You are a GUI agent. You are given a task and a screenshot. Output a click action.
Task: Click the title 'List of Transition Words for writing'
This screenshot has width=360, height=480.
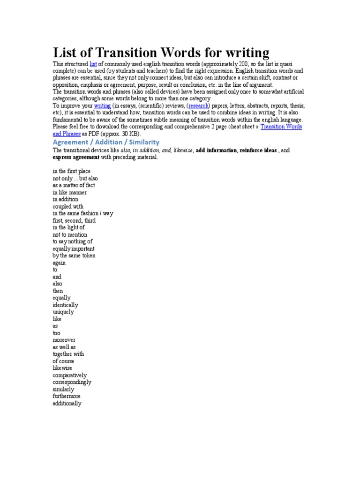[161, 52]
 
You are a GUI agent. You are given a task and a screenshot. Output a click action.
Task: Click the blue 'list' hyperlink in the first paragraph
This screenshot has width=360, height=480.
[93, 63]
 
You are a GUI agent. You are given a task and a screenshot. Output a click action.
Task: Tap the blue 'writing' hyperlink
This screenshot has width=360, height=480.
[102, 106]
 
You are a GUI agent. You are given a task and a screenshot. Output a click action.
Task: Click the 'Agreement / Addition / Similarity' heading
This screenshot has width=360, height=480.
[106, 142]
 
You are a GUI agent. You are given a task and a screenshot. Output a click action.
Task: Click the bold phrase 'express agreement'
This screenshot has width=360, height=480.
[75, 157]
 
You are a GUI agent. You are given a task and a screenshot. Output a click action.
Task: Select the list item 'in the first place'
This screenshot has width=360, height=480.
[72, 172]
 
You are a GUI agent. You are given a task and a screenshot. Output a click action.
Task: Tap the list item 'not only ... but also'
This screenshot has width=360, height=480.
[75, 179]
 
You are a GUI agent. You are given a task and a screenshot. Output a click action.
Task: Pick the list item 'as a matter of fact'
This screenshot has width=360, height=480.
[74, 186]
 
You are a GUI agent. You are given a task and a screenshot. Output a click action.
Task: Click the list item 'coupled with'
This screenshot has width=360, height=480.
[68, 207]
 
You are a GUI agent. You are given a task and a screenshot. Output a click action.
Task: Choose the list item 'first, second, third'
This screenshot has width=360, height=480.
[74, 221]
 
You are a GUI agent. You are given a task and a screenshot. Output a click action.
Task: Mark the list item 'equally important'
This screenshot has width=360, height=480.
[74, 249]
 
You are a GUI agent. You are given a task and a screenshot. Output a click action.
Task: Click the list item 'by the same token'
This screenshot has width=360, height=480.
[74, 256]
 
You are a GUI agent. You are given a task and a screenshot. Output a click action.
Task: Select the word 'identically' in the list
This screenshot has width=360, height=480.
[65, 305]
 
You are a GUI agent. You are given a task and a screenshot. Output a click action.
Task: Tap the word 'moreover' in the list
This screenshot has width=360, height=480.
[64, 340]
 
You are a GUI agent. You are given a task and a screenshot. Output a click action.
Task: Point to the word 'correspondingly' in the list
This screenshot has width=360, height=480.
[72, 382]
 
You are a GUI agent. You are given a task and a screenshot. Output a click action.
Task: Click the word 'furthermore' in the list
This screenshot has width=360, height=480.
[67, 397]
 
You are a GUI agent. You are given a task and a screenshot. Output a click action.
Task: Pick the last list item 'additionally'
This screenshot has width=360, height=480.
[67, 404]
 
